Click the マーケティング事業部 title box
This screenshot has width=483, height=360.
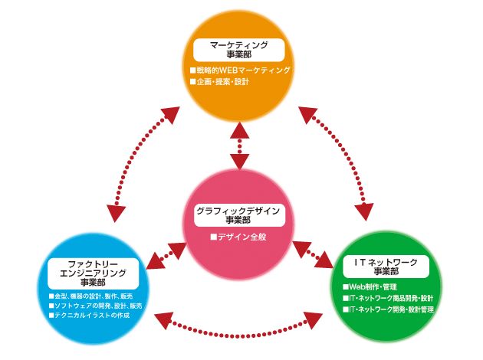pyautogui.click(x=241, y=50)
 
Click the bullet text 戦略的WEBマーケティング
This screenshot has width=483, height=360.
pyautogui.click(x=244, y=70)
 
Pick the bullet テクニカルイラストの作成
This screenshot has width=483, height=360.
pyautogui.click(x=90, y=316)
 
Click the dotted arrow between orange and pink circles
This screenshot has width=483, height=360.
pyautogui.click(x=241, y=150)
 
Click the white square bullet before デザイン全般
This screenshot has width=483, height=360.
pyautogui.click(x=215, y=237)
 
